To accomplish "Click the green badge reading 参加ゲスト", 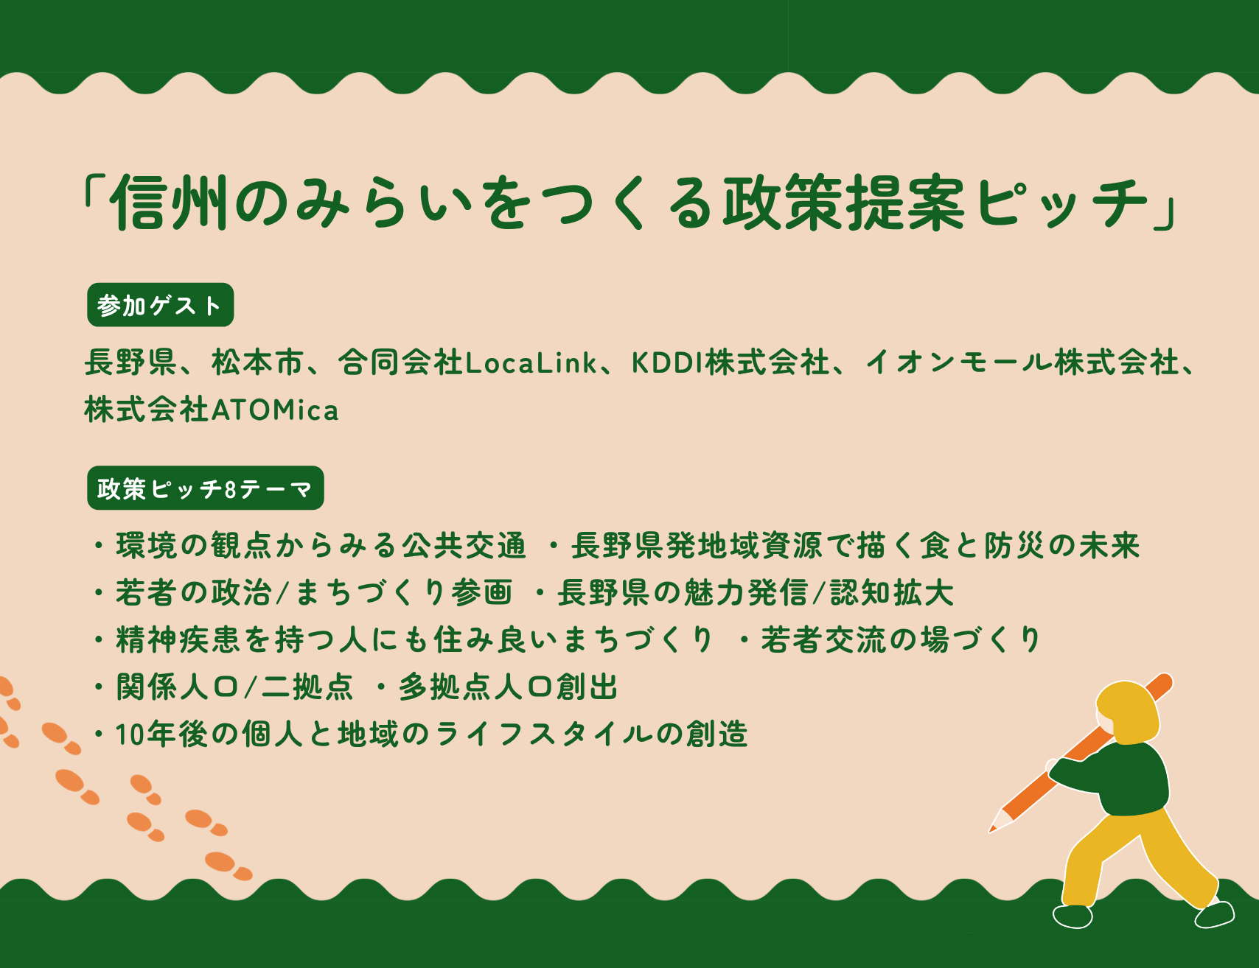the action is coord(160,305).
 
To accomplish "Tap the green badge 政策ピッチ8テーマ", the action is coord(206,488).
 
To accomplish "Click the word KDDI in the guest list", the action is coord(666,362).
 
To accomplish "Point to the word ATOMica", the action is coord(275,410).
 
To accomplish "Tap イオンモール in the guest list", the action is coord(958,362).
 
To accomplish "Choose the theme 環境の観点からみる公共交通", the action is coord(321,546).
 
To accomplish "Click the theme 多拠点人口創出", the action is coord(509,687).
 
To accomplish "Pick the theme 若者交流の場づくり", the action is coord(901,640).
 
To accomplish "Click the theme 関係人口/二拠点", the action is coord(234,687).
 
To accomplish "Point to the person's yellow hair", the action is coord(1129,711).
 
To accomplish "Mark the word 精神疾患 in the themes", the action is coord(178,640).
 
